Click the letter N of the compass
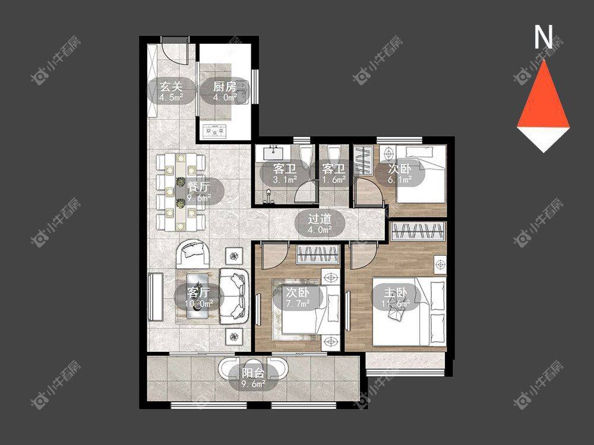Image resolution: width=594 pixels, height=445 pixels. click(544, 37)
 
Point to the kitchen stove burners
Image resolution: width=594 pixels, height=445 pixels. click(215, 131)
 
